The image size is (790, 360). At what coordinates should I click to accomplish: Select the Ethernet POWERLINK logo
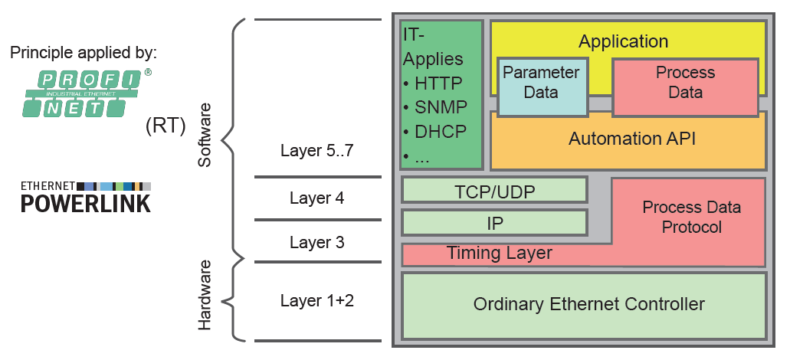click(x=85, y=197)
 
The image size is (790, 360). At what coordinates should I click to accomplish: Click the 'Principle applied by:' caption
click(x=84, y=54)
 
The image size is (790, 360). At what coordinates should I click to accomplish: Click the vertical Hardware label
click(x=205, y=295)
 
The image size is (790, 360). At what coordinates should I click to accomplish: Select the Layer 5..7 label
click(x=317, y=150)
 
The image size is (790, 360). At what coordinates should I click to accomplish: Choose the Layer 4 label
click(x=317, y=198)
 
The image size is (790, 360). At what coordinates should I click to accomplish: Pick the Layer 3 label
click(x=317, y=242)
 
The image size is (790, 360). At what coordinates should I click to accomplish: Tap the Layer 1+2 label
click(x=317, y=300)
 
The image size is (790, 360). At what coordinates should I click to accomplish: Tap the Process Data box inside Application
click(x=685, y=83)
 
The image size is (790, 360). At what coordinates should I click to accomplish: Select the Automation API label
click(x=628, y=139)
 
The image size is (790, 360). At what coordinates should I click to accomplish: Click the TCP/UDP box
click(x=494, y=190)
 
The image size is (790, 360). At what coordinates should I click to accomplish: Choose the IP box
click(x=494, y=223)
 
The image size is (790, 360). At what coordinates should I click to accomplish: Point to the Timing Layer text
click(x=499, y=253)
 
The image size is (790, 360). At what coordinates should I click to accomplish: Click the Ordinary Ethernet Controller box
click(x=584, y=304)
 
